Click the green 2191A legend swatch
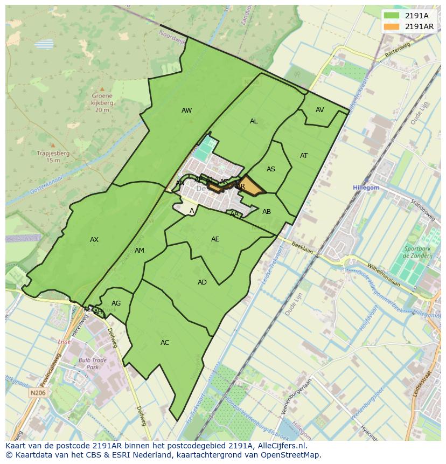[392, 16]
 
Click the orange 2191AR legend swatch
[392, 26]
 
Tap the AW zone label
[186, 110]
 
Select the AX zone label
[94, 240]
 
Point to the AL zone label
[254, 121]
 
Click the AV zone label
[320, 110]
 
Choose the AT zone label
[304, 156]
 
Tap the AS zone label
[271, 169]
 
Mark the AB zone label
[267, 212]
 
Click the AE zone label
[215, 239]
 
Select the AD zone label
[202, 282]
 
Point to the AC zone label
[165, 343]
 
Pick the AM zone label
[140, 251]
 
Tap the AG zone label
[116, 303]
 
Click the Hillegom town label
[366, 188]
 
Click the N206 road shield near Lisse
[38, 393]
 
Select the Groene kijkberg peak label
[102, 103]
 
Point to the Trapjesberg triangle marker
[53, 145]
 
